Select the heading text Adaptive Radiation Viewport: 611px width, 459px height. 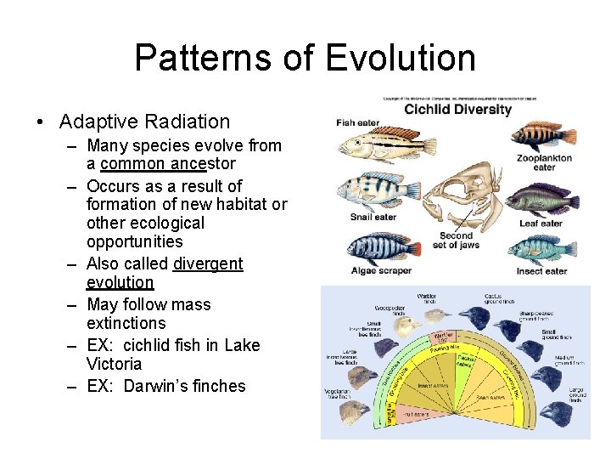click(x=144, y=122)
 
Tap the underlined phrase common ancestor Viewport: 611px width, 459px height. click(x=167, y=163)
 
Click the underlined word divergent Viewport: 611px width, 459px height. click(x=208, y=263)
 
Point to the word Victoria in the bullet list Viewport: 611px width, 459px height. click(x=114, y=364)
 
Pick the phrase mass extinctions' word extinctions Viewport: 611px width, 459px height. click(x=126, y=323)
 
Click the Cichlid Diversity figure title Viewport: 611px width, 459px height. click(x=457, y=109)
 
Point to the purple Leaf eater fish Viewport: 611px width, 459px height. click(x=544, y=201)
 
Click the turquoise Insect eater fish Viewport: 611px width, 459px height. click(x=543, y=249)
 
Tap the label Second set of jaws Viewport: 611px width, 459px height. click(x=456, y=241)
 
